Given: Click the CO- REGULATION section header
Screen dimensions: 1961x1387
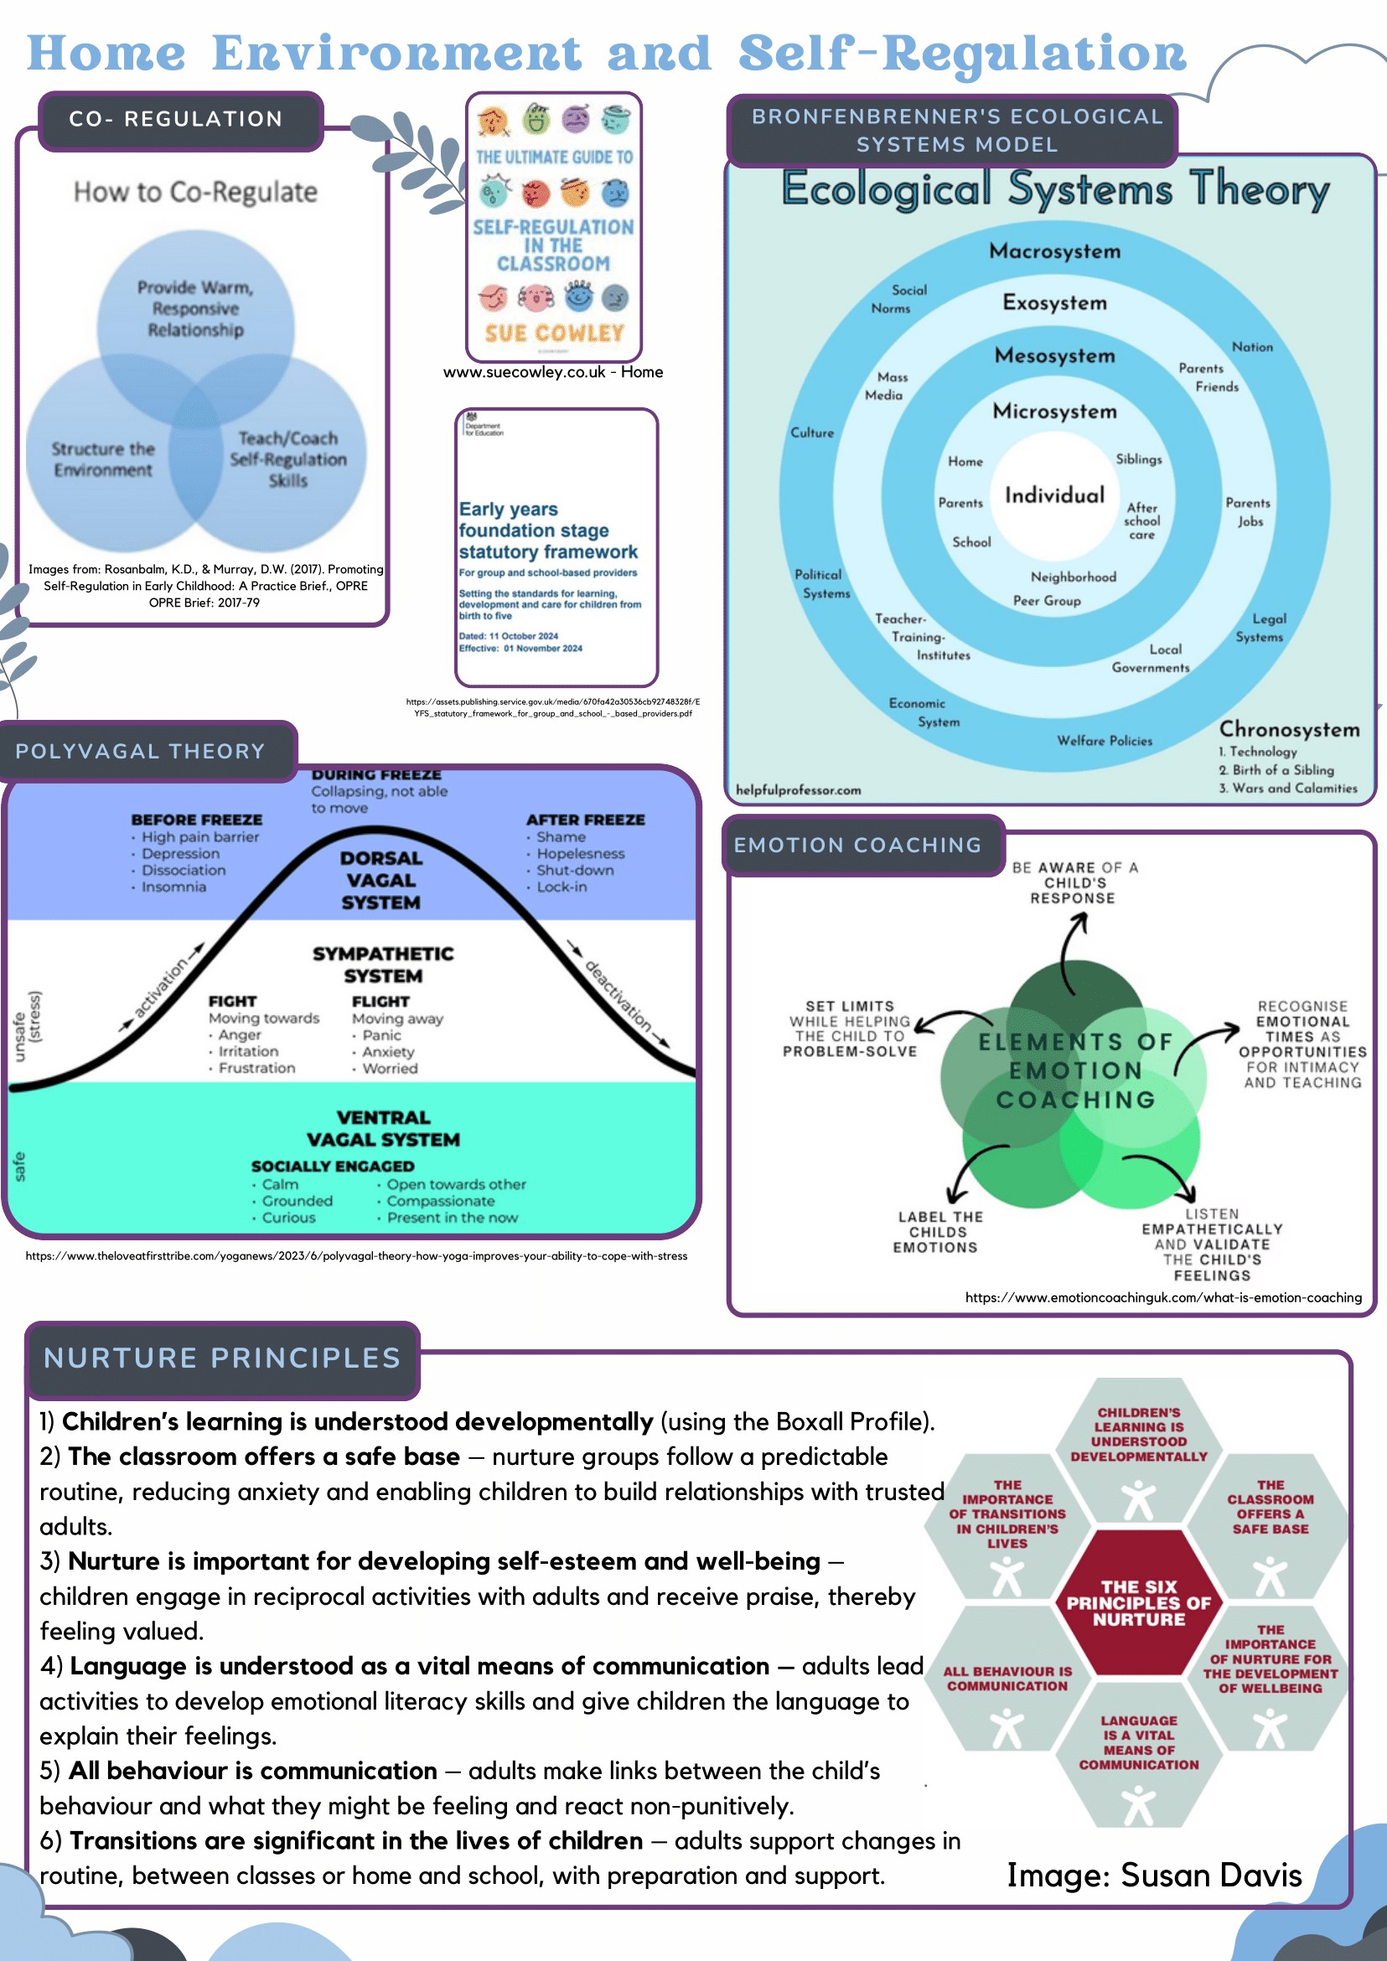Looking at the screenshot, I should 176,119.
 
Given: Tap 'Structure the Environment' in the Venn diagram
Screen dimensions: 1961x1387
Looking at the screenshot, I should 102,459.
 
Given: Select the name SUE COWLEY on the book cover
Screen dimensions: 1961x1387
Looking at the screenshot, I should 554,333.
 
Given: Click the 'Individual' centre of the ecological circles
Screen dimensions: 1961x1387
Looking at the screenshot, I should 1054,495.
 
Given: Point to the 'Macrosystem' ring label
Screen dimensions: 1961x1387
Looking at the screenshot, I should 1055,251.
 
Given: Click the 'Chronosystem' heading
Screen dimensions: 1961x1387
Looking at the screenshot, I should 1289,729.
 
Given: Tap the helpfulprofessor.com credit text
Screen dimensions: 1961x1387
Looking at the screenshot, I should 799,790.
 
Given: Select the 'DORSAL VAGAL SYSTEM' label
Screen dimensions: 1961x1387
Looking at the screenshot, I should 381,880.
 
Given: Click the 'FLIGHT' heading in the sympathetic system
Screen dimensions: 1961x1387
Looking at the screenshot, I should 380,1001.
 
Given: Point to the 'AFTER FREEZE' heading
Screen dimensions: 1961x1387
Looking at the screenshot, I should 585,820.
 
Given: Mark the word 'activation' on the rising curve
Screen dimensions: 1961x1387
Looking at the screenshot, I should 161,989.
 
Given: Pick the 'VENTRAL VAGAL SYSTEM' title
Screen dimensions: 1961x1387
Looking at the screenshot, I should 383,1128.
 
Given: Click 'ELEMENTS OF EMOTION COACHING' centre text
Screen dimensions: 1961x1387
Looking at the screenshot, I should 1075,1070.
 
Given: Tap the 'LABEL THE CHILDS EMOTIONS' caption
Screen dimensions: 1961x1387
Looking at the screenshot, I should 939,1232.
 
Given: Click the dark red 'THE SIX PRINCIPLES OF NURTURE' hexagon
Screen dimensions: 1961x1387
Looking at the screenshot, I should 1138,1602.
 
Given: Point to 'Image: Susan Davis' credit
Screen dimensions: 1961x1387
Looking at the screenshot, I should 1154,1875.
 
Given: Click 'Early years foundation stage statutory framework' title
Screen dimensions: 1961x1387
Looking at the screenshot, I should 547,530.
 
